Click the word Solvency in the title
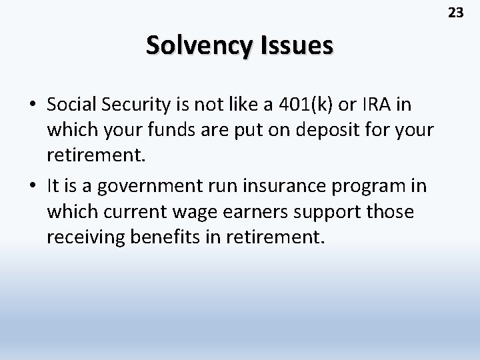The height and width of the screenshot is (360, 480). point(197,46)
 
